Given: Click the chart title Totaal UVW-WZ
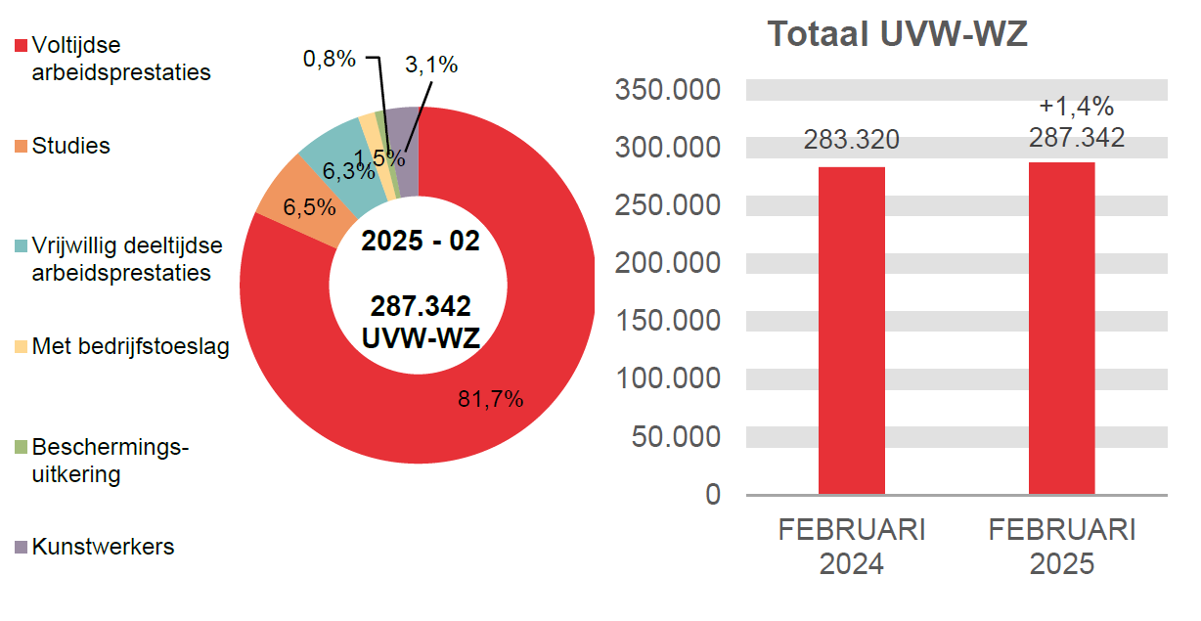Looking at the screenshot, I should click(x=897, y=34).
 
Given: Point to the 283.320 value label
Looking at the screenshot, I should click(x=851, y=140).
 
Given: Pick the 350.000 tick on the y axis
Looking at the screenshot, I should click(x=669, y=91).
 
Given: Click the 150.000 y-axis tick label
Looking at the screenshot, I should click(x=669, y=322).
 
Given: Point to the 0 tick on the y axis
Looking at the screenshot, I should click(x=712, y=495).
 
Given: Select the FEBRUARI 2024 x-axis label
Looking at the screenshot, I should click(x=851, y=547).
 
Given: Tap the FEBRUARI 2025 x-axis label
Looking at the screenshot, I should click(x=1061, y=547).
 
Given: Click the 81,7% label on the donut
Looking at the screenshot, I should click(x=491, y=398).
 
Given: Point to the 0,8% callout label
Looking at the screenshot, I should click(x=329, y=59).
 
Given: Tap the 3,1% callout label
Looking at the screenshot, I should click(x=431, y=66).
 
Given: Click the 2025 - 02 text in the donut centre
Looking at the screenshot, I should click(x=421, y=241).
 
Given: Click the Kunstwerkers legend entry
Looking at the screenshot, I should click(x=103, y=547).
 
